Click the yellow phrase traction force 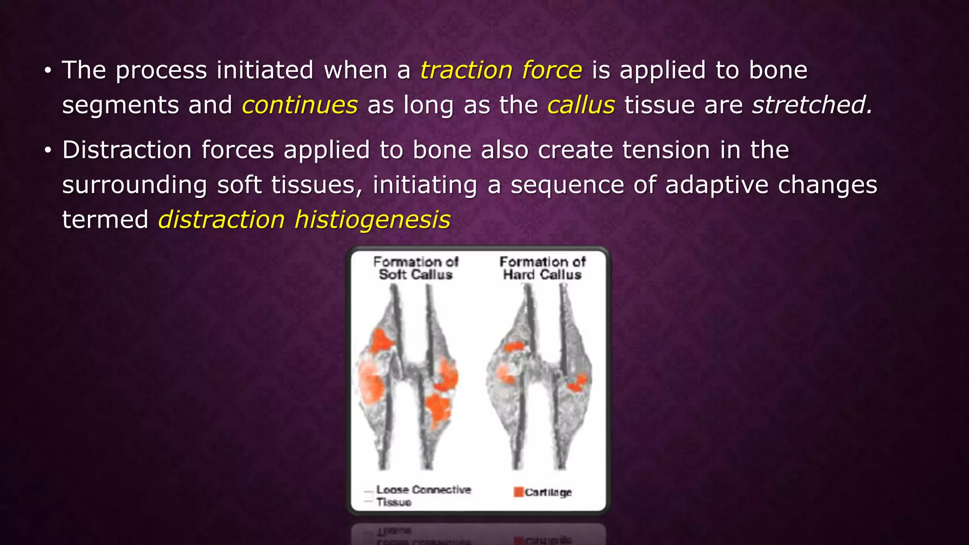pyautogui.click(x=501, y=70)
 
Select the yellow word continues pyautogui.click(x=300, y=105)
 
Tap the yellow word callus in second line pyautogui.click(x=581, y=105)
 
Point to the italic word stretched pyautogui.click(x=812, y=105)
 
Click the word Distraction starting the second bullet pyautogui.click(x=126, y=150)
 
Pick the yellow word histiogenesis pyautogui.click(x=372, y=220)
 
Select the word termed pyautogui.click(x=105, y=220)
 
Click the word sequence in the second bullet pyautogui.click(x=567, y=185)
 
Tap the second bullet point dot pyautogui.click(x=47, y=151)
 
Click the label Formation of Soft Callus pyautogui.click(x=415, y=268)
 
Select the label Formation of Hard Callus pyautogui.click(x=542, y=268)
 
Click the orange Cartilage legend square pyautogui.click(x=519, y=492)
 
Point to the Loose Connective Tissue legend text pyautogui.click(x=423, y=495)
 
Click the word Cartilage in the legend pyautogui.click(x=548, y=492)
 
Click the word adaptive pyautogui.click(x=717, y=185)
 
